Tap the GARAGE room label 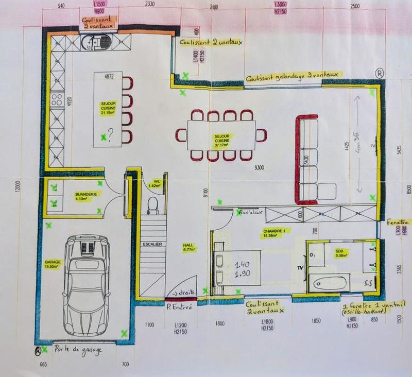(x=53, y=264)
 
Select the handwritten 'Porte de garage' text (x=78, y=350)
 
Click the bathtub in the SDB (x=329, y=282)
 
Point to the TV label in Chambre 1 (x=300, y=268)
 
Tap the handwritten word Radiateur (x=249, y=212)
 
